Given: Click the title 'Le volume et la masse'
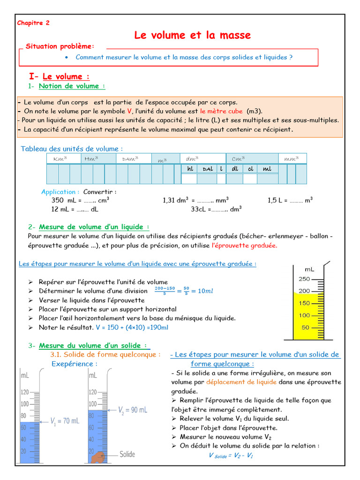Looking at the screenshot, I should click(192, 35).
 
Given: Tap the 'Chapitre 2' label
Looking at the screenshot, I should click(33, 22).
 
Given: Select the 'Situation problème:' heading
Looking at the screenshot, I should click(60, 46).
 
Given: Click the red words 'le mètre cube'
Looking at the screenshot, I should click(221, 111).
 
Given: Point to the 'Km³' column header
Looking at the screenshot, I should click(60, 159).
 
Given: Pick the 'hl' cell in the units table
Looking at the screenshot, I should click(190, 169).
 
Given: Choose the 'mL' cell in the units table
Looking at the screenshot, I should click(267, 169).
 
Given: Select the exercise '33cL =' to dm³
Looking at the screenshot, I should click(216, 209).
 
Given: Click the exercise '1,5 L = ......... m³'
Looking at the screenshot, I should click(290, 200).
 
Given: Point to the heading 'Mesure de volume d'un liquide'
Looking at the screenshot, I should click(94, 227).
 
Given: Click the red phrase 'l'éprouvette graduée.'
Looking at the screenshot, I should click(245, 245).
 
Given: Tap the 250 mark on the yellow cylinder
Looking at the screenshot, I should click(304, 279).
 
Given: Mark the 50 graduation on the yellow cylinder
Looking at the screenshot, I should click(305, 328).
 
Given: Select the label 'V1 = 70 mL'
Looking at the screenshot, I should click(65, 421).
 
